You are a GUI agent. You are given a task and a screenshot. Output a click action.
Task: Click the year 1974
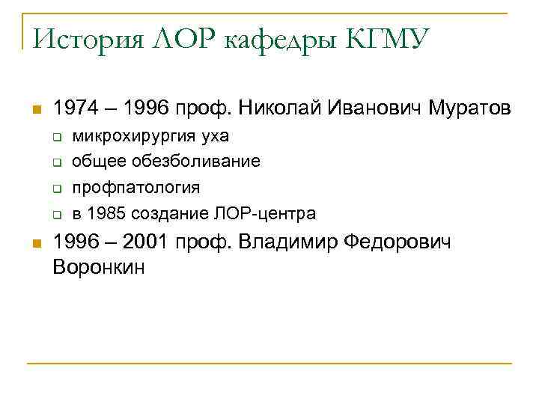[76, 109]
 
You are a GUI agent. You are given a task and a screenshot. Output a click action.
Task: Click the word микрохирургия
[133, 137]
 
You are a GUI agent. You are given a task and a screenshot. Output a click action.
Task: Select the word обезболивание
[198, 162]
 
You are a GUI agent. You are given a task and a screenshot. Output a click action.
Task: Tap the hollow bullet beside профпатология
[55, 189]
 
